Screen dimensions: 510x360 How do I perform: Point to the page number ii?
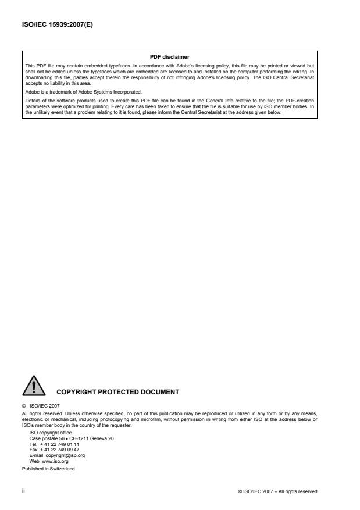tap(24, 491)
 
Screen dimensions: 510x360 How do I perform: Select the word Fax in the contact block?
tap(33, 450)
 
